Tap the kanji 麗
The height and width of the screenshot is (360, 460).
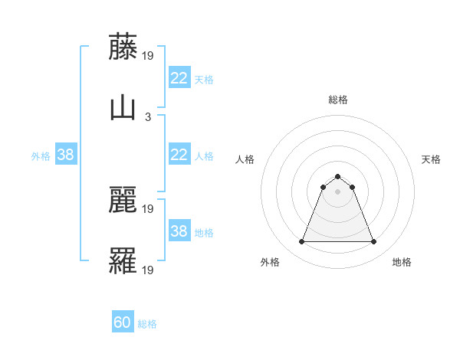pyautogui.click(x=123, y=200)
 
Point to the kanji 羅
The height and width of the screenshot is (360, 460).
pyautogui.click(x=123, y=260)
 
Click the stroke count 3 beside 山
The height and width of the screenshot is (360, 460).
pyautogui.click(x=147, y=116)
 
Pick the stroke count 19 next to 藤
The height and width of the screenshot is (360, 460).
pyautogui.click(x=149, y=55)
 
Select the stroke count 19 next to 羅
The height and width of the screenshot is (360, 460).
pyautogui.click(x=149, y=270)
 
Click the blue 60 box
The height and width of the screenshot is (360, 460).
pyautogui.click(x=123, y=322)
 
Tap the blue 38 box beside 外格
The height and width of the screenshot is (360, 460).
pyautogui.click(x=66, y=155)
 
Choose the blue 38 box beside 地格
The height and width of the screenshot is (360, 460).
pyautogui.click(x=179, y=231)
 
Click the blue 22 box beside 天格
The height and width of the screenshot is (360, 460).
pyautogui.click(x=179, y=78)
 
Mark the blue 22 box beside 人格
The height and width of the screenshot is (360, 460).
pyautogui.click(x=179, y=155)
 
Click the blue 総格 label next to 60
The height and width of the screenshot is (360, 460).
pyautogui.click(x=147, y=324)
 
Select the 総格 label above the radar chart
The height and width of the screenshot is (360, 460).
pyautogui.click(x=337, y=100)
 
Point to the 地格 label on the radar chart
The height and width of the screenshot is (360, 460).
pyautogui.click(x=402, y=262)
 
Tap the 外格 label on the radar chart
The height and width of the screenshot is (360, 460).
pyautogui.click(x=270, y=262)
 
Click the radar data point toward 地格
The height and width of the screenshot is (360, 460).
pyautogui.click(x=373, y=242)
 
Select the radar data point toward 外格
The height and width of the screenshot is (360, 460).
pyautogui.click(x=301, y=242)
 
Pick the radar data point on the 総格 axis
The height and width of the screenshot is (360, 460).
pyautogui.click(x=337, y=176)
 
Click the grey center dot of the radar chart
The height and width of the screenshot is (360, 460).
pyautogui.click(x=337, y=191)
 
